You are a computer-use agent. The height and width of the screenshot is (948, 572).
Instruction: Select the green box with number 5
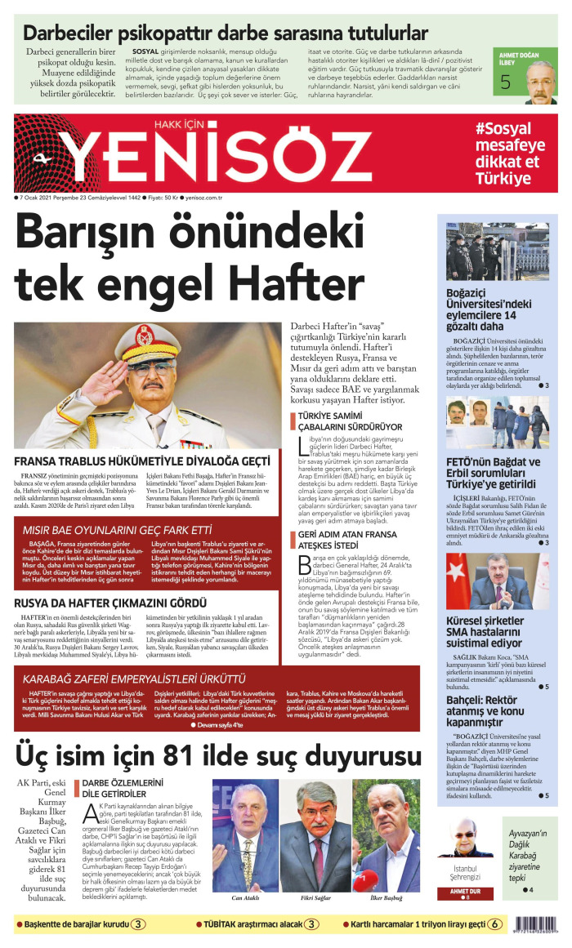click(x=507, y=82)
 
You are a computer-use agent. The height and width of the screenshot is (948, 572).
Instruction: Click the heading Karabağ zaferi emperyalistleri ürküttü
click(x=134, y=679)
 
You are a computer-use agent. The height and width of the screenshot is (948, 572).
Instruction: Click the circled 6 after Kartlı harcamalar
click(x=495, y=924)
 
